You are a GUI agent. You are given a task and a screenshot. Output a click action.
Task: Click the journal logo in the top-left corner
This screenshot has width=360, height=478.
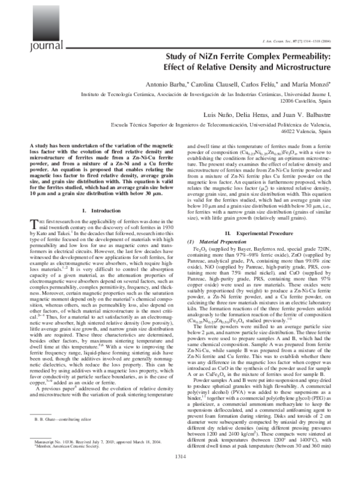(x=22, y=28)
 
